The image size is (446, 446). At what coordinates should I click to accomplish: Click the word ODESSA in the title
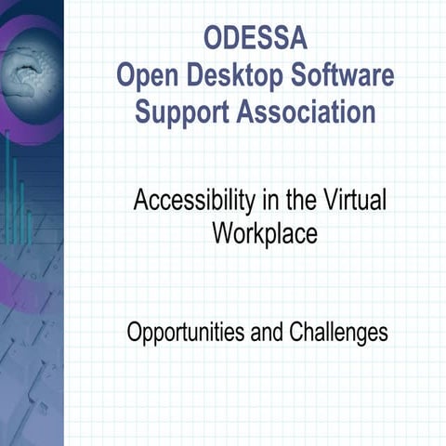254,42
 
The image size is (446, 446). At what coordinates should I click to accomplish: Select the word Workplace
264,233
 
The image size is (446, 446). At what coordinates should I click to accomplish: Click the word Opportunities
186,333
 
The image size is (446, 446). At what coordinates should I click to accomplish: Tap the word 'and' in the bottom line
267,332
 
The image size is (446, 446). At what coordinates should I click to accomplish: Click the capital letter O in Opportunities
134,332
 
